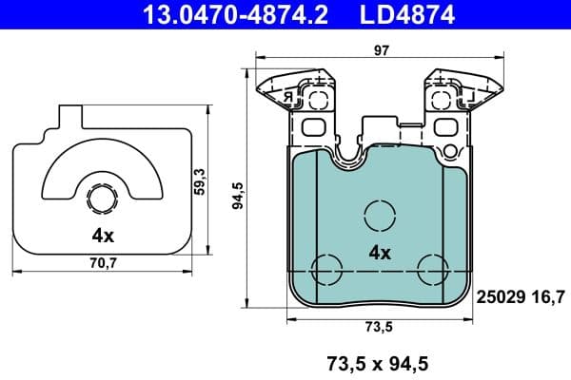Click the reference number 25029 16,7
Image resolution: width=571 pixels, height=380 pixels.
tap(520, 297)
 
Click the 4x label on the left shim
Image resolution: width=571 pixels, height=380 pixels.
tap(102, 234)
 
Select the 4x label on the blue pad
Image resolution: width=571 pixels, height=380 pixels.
tap(379, 253)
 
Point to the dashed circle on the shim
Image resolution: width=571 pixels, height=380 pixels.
tap(102, 199)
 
